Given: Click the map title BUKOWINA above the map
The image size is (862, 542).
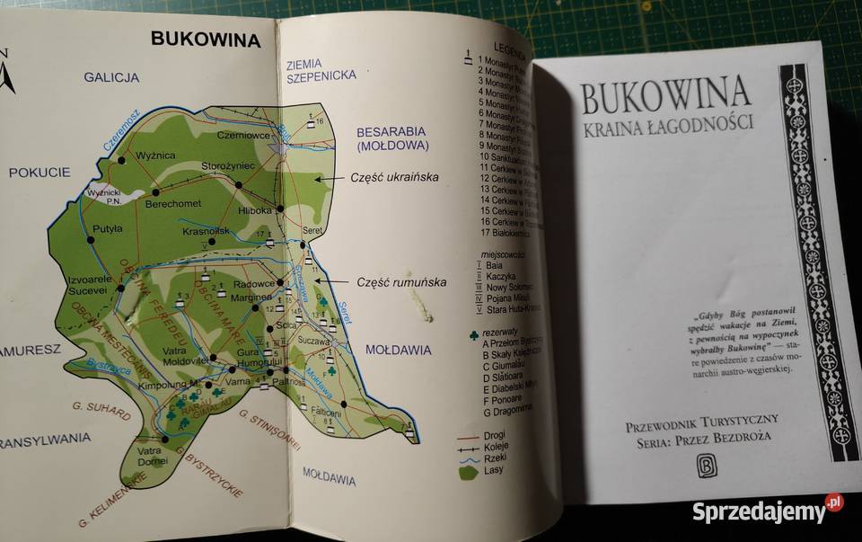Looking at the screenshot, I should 206,40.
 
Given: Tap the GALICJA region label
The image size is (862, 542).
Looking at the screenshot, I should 111,77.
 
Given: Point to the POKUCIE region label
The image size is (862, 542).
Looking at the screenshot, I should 40,172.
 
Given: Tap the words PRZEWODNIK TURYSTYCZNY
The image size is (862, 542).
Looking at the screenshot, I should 702,420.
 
